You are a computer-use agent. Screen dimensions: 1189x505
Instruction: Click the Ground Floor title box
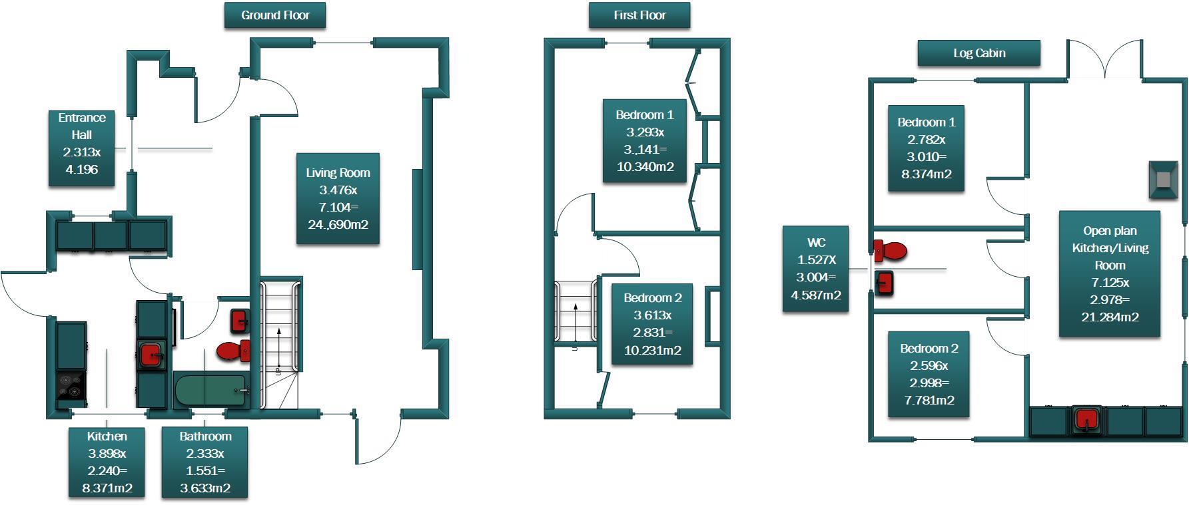275,15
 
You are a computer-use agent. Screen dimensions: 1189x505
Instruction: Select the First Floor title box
639,15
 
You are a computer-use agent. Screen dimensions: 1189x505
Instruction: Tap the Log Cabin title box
979,53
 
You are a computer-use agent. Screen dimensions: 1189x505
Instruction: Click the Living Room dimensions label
338,198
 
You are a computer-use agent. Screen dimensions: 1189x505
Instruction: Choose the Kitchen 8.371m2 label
107,462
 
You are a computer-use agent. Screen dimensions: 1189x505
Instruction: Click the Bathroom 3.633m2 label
205,462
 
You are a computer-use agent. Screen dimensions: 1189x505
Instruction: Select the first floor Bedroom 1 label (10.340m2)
644,140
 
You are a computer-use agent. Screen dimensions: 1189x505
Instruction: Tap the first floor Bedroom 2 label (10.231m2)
652,324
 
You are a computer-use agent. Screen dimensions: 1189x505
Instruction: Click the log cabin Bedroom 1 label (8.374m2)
926,148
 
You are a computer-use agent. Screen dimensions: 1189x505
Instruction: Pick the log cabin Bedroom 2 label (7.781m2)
929,375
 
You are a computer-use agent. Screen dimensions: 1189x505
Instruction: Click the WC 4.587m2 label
815,269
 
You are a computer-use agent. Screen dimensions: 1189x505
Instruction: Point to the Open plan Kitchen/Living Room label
1110,273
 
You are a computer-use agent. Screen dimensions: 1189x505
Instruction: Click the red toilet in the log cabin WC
891,251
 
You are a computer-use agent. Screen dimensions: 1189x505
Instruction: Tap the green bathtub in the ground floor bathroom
209,391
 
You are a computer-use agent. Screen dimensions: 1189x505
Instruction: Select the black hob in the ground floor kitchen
71,387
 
